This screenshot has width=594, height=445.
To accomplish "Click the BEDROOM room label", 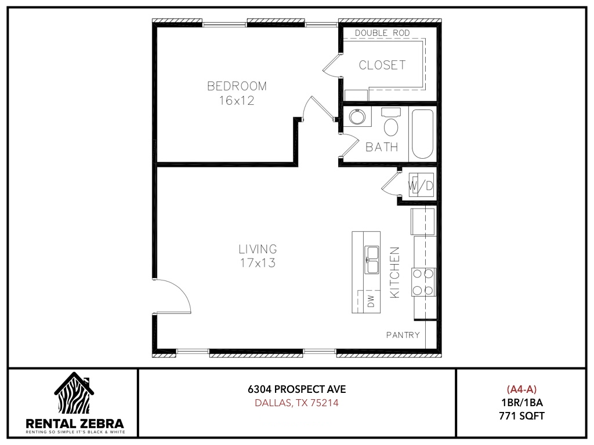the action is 237,86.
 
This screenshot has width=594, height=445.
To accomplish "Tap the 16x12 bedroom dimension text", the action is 237,101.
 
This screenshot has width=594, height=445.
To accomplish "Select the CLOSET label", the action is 382,65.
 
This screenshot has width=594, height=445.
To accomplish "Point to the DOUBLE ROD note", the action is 382,33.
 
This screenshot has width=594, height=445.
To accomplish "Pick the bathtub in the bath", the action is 422,134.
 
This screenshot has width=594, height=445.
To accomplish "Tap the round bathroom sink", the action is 357,116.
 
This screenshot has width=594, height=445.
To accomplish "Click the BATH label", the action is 382,147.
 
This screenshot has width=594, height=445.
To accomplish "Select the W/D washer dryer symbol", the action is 421,185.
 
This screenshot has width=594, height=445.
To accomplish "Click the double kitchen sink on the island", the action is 372,260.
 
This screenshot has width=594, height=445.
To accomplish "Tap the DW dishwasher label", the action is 371,301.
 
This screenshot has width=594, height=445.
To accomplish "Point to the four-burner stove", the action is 423,282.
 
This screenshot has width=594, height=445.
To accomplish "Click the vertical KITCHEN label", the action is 394,272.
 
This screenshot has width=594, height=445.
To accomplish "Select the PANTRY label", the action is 403,335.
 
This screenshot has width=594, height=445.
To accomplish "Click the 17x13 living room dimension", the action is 258,263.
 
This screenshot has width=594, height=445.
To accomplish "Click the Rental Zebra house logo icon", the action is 74,393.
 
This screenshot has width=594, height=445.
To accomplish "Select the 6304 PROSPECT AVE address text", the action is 297,389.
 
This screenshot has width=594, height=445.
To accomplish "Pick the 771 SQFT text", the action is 521,416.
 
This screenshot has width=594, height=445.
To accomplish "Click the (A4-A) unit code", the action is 521,389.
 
